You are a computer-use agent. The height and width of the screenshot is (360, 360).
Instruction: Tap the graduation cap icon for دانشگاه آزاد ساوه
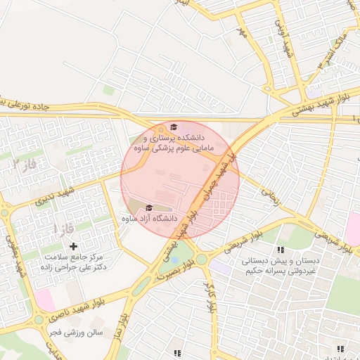point(148,208)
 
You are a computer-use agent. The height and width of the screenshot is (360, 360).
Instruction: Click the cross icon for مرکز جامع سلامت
point(73,246)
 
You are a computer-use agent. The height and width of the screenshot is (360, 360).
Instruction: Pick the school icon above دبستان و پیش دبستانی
point(281,250)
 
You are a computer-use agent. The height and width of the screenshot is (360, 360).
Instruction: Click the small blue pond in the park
point(174,260)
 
